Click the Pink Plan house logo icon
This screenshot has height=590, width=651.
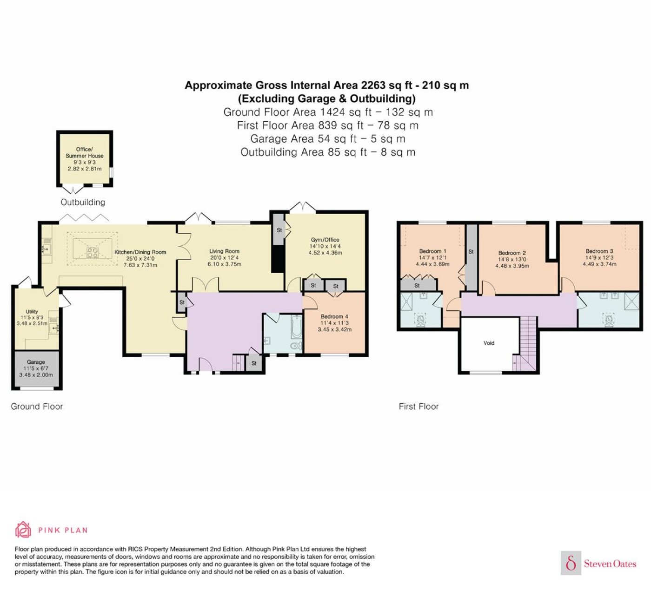coord(23,530)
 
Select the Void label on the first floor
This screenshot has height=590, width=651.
coord(489,343)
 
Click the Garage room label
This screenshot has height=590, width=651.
coord(36,361)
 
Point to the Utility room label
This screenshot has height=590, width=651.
coord(32,311)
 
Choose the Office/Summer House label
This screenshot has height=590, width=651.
coord(84,152)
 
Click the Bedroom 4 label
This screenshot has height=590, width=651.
coord(334,316)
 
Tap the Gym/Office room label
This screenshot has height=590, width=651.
coord(325,240)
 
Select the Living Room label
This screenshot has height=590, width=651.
coord(224,251)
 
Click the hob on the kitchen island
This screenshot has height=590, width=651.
coord(92,253)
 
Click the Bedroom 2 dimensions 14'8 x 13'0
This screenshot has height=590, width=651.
coord(512,259)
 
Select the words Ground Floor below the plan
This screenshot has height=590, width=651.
coord(37,406)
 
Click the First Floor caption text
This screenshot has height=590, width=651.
coord(418,406)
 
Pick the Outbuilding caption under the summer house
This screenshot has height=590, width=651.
coord(83,202)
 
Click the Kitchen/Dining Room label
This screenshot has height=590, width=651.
coord(140,252)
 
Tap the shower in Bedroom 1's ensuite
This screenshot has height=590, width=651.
coord(406,302)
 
